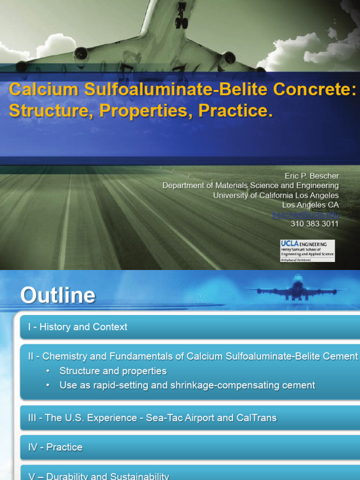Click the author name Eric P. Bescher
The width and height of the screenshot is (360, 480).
[x=312, y=176]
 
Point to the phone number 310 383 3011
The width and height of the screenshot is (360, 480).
[x=315, y=224]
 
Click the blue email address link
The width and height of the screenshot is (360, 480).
[x=306, y=215]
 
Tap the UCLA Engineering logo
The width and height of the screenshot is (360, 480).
[x=307, y=250]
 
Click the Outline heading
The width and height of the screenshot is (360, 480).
[x=58, y=296]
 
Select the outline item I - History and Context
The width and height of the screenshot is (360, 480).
[x=77, y=327]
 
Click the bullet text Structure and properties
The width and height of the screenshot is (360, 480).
[x=113, y=371]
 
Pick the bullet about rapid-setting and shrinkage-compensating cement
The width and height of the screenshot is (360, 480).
[x=187, y=385]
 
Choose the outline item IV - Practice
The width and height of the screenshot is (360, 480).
[x=55, y=447]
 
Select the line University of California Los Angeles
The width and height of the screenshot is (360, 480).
[x=276, y=195]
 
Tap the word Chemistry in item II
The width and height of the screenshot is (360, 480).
[x=64, y=356]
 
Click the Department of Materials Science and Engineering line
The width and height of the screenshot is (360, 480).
[x=250, y=186]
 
